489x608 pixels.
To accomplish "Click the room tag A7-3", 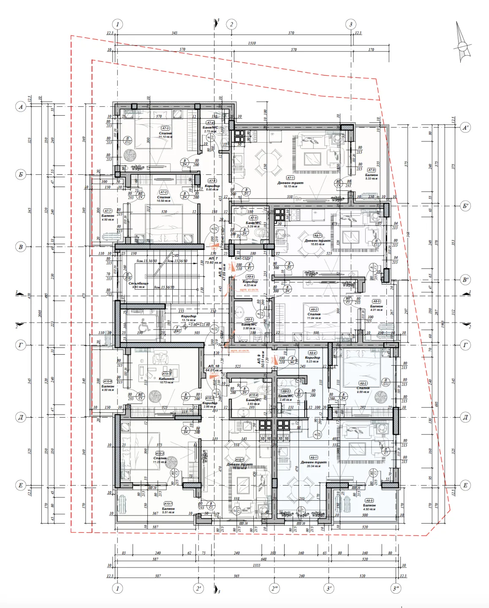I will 165,128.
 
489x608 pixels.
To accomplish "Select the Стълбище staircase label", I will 139,284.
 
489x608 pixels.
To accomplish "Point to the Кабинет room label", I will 166,379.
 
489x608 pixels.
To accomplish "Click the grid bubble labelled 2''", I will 274,588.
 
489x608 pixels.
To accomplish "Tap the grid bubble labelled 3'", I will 329,588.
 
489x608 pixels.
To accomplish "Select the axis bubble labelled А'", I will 465,128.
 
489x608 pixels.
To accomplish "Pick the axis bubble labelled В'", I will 465,280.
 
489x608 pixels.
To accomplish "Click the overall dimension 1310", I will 252,43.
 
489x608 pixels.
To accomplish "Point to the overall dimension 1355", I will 256,565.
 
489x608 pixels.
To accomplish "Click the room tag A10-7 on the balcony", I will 168,504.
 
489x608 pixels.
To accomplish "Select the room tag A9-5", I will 369,500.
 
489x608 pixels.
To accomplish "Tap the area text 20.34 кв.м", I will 314,466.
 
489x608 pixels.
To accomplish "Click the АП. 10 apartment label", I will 214,366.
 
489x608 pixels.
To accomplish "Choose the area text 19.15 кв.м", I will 291,186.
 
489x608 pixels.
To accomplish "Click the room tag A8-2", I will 314,309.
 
